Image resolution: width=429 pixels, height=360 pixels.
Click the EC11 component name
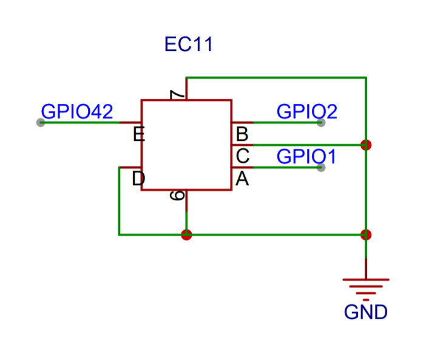pyautogui.click(x=189, y=44)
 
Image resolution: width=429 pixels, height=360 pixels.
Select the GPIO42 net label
pyautogui.click(x=77, y=112)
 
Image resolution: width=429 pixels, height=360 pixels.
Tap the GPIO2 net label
pyautogui.click(x=306, y=112)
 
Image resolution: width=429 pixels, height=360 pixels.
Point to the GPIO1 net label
pyautogui.click(x=306, y=157)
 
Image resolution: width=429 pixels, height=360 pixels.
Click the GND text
pyautogui.click(x=365, y=312)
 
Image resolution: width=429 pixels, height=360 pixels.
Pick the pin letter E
pyautogui.click(x=139, y=134)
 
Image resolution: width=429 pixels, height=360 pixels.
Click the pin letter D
pyautogui.click(x=139, y=178)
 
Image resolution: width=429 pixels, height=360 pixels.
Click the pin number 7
pyautogui.click(x=177, y=95)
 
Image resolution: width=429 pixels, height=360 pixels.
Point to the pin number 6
pyautogui.click(x=177, y=195)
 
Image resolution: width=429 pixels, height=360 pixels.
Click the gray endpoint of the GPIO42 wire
pyautogui.click(x=41, y=122)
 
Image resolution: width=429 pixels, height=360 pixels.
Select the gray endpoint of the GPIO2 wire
pyautogui.click(x=321, y=122)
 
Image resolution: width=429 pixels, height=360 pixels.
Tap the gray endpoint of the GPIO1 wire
pyautogui.click(x=321, y=168)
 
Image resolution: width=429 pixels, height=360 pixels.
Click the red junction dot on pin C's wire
pyautogui.click(x=366, y=145)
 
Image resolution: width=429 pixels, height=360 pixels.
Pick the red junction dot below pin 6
pyautogui.click(x=186, y=234)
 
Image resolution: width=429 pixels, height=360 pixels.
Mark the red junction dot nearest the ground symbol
pyautogui.click(x=366, y=234)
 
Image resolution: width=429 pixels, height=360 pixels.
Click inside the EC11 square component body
pyautogui.click(x=186, y=145)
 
